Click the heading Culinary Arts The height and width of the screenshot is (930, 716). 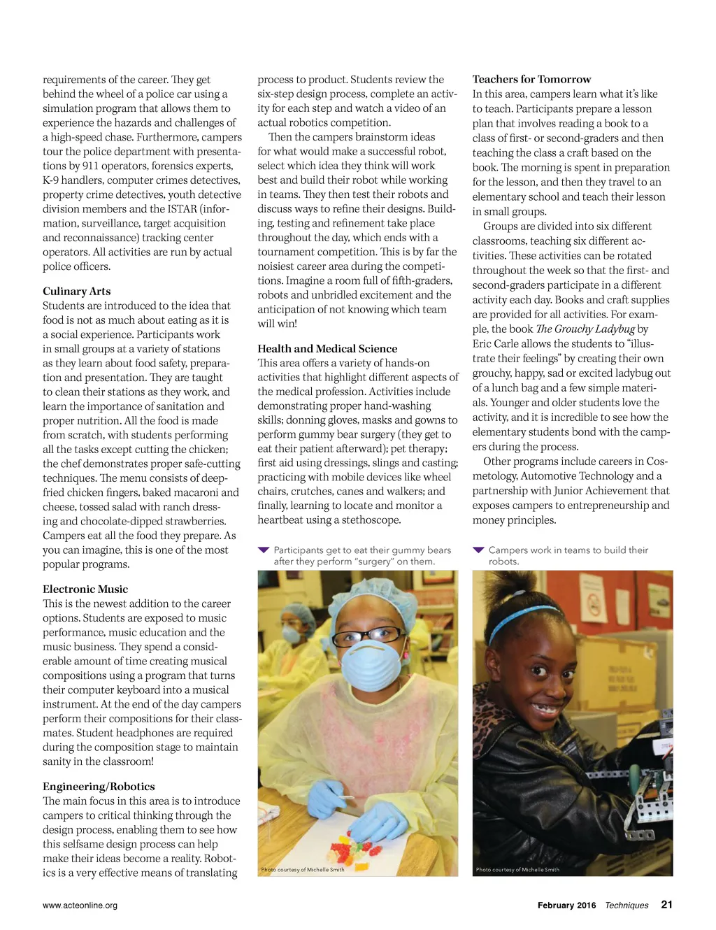coord(76,291)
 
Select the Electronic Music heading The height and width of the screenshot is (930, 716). coord(85,589)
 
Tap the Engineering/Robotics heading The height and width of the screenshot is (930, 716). coord(99,786)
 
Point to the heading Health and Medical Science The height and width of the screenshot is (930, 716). coord(327,348)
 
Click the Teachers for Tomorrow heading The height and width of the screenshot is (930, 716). coord(531,79)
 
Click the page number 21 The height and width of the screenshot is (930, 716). coord(666,904)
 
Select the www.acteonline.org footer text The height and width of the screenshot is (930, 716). coord(80,905)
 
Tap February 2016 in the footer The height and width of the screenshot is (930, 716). coord(566,905)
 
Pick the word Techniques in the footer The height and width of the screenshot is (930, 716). coord(626,905)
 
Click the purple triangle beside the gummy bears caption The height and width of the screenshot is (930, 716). coord(264,550)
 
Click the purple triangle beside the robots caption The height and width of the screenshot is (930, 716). coord(478,550)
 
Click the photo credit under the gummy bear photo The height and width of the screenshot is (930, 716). coord(302,870)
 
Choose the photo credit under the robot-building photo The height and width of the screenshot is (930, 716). coord(517,870)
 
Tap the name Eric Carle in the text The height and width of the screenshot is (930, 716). coord(497,343)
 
